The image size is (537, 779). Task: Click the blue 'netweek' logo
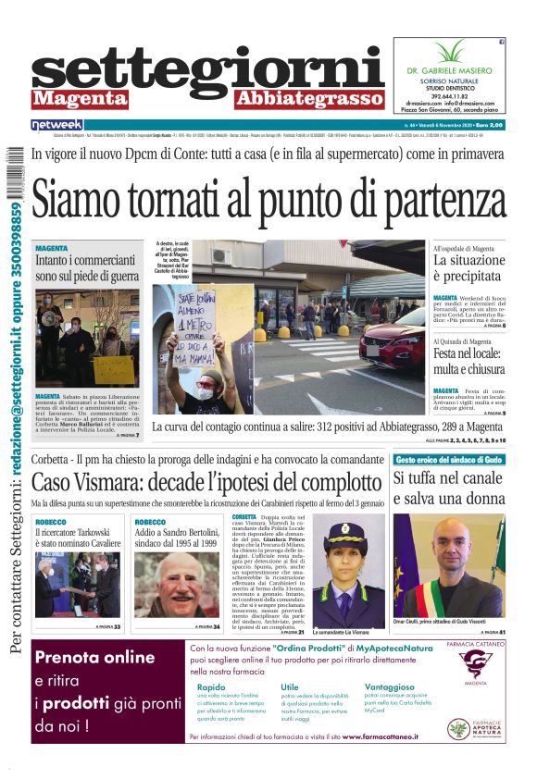56,124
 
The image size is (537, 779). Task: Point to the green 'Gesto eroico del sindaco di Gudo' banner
448,460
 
